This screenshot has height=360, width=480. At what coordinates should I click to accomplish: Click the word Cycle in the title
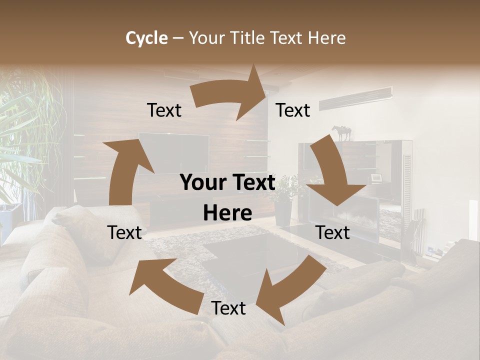coord(146,38)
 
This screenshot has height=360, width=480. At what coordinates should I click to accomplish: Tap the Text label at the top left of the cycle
coord(164,110)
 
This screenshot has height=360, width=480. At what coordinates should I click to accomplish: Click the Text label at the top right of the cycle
coord(293,110)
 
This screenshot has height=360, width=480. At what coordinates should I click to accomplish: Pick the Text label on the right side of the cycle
coord(332,232)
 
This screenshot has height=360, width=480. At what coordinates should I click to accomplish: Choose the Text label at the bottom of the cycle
coord(228,308)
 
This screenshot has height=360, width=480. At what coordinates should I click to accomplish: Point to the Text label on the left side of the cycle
coord(124,232)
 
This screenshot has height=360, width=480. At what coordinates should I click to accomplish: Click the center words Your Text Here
coord(228,197)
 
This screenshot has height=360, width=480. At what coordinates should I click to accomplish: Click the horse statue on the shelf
coord(342,133)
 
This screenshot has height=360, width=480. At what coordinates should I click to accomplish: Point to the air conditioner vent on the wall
coord(355,98)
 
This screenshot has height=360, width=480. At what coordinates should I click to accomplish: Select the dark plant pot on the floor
coord(283,212)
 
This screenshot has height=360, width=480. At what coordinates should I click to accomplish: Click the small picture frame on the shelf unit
coord(376,177)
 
